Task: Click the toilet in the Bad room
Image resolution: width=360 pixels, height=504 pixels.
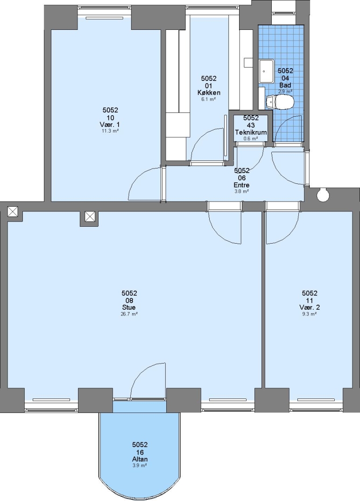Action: point(280,102)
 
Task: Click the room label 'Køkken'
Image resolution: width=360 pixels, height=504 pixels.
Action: point(209,92)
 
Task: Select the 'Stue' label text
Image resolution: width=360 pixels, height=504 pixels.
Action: point(129,308)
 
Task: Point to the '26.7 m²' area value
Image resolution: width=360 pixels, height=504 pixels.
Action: point(129,314)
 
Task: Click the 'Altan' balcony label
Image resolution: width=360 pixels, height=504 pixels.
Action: point(140,459)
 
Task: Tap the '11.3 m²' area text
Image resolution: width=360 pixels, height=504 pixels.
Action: point(110,131)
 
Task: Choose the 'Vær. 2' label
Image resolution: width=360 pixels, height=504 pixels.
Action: point(310,308)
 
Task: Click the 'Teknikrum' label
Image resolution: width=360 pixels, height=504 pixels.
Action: point(251,133)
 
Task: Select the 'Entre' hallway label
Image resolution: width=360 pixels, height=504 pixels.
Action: point(241,185)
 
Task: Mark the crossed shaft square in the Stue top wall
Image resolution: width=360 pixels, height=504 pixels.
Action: point(90,217)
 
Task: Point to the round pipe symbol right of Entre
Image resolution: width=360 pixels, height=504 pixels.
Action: point(322,195)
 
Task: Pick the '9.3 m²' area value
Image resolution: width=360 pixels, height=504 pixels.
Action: point(310,314)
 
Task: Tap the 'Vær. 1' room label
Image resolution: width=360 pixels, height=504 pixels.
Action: point(110,125)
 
